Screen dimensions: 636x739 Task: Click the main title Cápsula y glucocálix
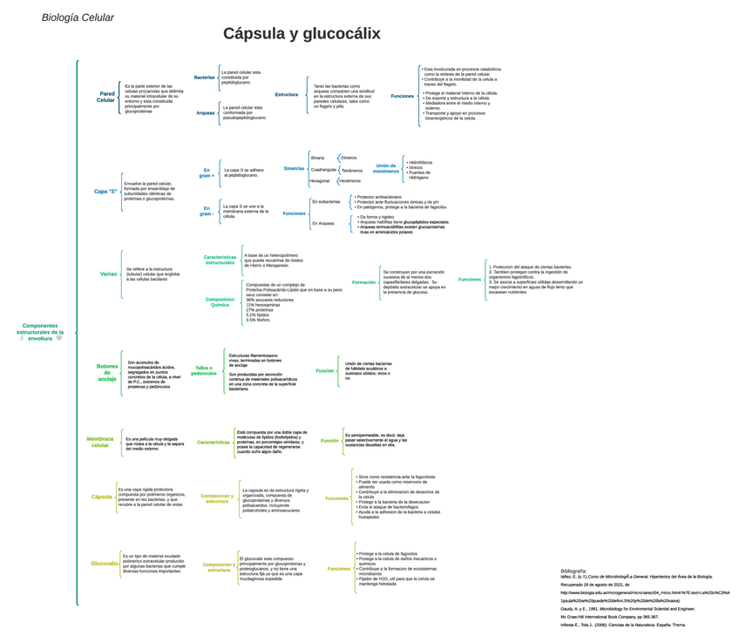[x=302, y=34]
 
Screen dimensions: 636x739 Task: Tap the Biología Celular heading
[x=78, y=17]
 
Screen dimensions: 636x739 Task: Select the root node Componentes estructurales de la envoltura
[x=42, y=332]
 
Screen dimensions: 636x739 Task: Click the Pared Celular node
[x=106, y=97]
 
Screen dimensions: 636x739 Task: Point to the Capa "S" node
[x=105, y=191]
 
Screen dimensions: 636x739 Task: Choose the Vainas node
[x=109, y=274]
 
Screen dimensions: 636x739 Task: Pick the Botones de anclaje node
[x=107, y=373]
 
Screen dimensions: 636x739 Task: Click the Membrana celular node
[x=100, y=442]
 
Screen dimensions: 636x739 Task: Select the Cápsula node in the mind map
[x=102, y=497]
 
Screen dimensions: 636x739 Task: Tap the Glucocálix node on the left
[x=104, y=564]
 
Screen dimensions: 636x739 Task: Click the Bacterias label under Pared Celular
[x=204, y=77]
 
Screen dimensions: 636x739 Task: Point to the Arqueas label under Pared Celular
[x=206, y=112]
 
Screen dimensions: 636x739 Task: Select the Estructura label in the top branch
[x=286, y=94]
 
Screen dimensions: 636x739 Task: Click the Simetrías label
[x=295, y=168]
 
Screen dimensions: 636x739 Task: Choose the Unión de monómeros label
[x=386, y=168]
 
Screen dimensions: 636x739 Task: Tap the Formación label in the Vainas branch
[x=363, y=282]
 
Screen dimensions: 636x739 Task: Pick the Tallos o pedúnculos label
[x=203, y=371]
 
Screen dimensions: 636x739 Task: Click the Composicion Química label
[x=220, y=302]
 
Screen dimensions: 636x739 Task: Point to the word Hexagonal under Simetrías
[x=320, y=180]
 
